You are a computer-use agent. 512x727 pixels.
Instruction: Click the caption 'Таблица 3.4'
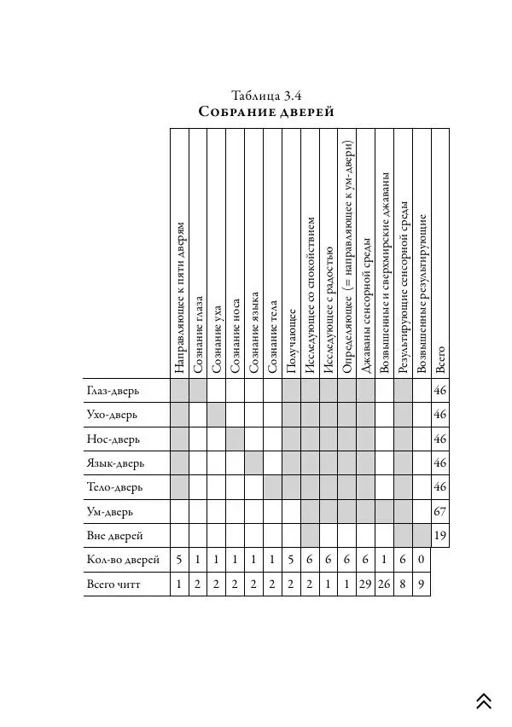(x=267, y=94)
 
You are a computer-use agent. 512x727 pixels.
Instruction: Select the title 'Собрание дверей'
(x=266, y=112)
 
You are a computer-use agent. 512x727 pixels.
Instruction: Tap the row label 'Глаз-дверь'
(x=113, y=391)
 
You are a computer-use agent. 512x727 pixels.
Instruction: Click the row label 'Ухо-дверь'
(x=111, y=415)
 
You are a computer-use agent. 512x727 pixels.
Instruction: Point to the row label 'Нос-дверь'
(x=113, y=439)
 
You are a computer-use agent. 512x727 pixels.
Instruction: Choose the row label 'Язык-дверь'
(x=115, y=463)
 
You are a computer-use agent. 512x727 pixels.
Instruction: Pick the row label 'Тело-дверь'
(x=114, y=487)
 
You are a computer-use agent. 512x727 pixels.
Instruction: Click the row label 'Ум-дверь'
(x=109, y=512)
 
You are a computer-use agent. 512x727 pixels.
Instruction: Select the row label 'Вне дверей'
(x=113, y=536)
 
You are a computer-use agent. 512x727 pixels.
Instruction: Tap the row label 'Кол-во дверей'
(x=121, y=561)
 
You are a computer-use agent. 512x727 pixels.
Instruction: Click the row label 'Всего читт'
(x=116, y=585)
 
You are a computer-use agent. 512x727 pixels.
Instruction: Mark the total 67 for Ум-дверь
(x=440, y=512)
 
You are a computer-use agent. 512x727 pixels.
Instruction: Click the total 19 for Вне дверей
(x=440, y=536)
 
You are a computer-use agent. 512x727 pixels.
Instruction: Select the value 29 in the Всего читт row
(x=366, y=585)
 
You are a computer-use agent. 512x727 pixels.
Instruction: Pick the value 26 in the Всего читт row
(x=384, y=585)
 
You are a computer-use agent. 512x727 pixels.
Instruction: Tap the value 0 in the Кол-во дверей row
(x=422, y=561)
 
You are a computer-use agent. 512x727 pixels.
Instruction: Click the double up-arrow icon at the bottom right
(x=484, y=701)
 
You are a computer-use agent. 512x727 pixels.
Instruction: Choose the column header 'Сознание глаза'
(x=197, y=333)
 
